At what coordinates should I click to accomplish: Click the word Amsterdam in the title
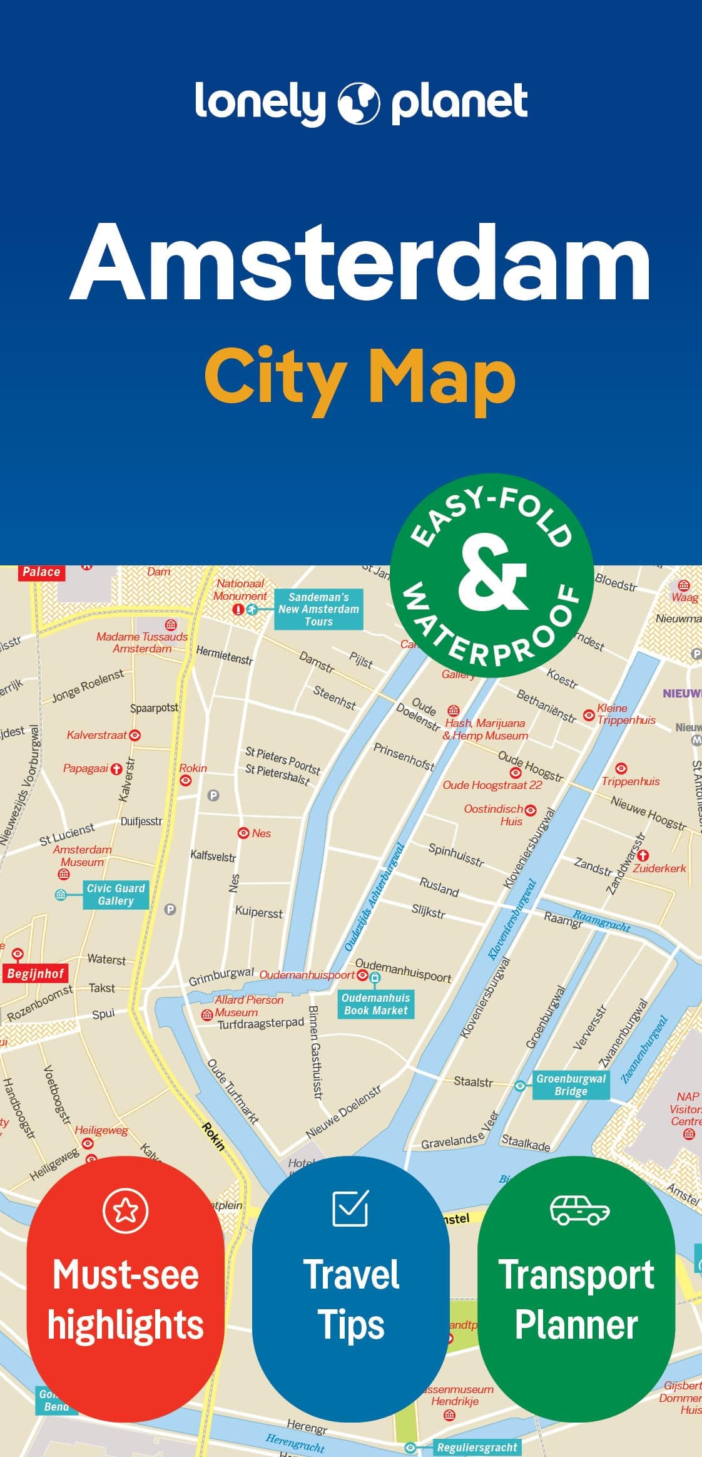tap(361, 263)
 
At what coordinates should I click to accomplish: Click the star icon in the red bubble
tap(125, 1210)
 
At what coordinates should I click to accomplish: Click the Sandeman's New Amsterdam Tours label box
tap(318, 609)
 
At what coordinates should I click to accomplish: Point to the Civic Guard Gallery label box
tap(116, 894)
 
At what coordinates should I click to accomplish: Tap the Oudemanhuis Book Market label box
tap(375, 1004)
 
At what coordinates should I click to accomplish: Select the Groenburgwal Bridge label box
tap(571, 1084)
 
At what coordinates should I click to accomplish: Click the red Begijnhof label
tap(36, 973)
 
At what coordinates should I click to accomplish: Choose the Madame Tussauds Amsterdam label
tap(142, 642)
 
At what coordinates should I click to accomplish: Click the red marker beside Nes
tap(243, 833)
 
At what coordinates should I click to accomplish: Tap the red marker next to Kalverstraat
tap(134, 735)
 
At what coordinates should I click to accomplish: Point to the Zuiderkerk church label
tap(659, 868)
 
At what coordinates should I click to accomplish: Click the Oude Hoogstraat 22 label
tap(492, 785)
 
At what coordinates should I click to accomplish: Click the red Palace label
tap(41, 572)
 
